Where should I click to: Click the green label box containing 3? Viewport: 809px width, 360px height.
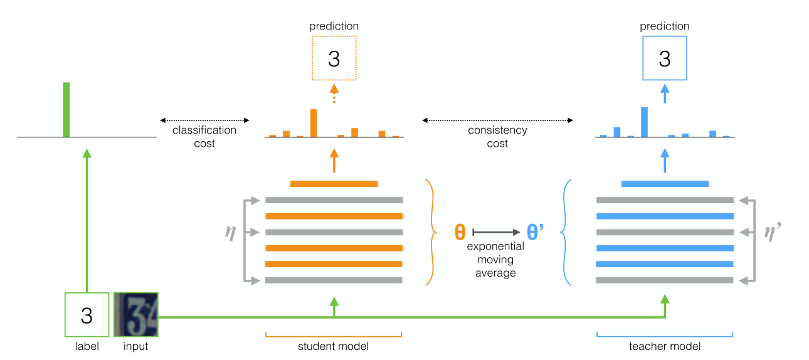[x=87, y=315]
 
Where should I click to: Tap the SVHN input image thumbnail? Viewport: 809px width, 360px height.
[x=136, y=315]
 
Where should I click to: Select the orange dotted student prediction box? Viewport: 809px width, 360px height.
[x=334, y=58]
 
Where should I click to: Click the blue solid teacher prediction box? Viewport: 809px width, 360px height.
[x=665, y=58]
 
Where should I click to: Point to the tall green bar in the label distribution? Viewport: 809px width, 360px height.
[x=66, y=109]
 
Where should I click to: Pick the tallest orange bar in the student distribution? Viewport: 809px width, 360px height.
[x=314, y=123]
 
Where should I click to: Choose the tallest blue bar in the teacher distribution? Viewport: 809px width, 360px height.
[x=644, y=122]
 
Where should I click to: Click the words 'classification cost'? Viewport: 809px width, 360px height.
[x=204, y=137]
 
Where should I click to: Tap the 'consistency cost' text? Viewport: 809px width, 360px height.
[x=497, y=137]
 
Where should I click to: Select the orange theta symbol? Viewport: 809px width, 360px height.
[x=460, y=232]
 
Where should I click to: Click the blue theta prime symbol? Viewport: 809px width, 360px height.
[x=534, y=232]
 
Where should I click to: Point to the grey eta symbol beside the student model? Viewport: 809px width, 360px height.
[x=230, y=231]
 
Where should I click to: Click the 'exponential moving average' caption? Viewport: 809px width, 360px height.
[x=495, y=259]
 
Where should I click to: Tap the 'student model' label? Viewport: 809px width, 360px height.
[x=334, y=346]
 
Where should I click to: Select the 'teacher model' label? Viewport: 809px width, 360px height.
[x=665, y=346]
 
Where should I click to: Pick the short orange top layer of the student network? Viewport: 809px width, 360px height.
[x=334, y=184]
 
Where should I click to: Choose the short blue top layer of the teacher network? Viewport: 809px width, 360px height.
[x=665, y=184]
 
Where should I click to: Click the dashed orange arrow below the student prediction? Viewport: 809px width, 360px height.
[x=334, y=93]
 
